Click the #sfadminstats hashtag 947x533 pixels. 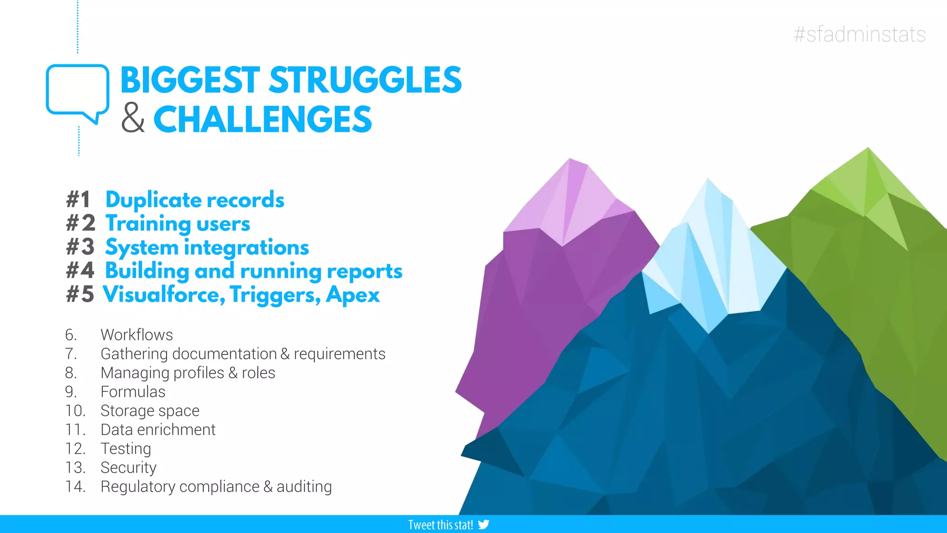(859, 35)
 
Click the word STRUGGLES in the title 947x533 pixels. (365, 80)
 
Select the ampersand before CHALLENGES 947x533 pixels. (133, 119)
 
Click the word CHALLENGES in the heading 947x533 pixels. (262, 119)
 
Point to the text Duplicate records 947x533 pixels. (195, 200)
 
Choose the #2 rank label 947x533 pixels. (80, 223)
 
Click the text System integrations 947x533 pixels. (207, 248)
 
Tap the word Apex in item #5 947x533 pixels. (352, 295)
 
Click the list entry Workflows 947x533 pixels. (136, 335)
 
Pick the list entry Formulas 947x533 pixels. (133, 391)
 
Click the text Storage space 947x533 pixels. (150, 411)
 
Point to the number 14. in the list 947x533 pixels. (75, 487)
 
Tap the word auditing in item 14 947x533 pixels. (304, 487)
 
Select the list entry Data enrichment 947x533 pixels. (158, 430)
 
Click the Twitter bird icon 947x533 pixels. (484, 524)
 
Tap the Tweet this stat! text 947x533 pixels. (440, 525)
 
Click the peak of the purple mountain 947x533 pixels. (570, 160)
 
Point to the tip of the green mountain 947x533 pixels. (867, 149)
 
